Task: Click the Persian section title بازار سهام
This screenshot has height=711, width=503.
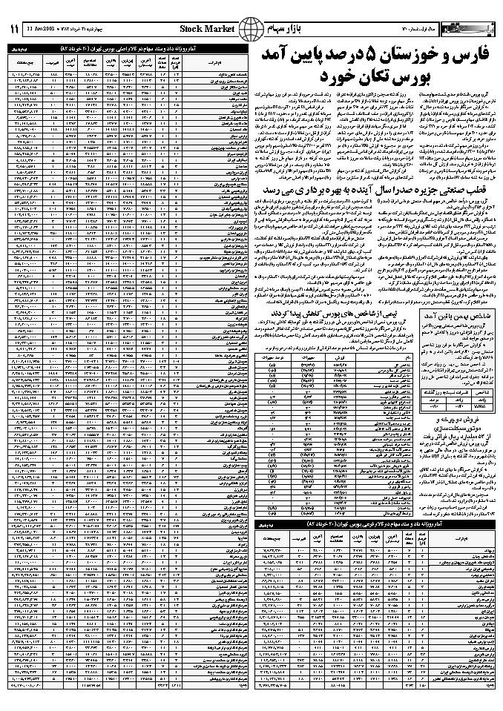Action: [x=295, y=29]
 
